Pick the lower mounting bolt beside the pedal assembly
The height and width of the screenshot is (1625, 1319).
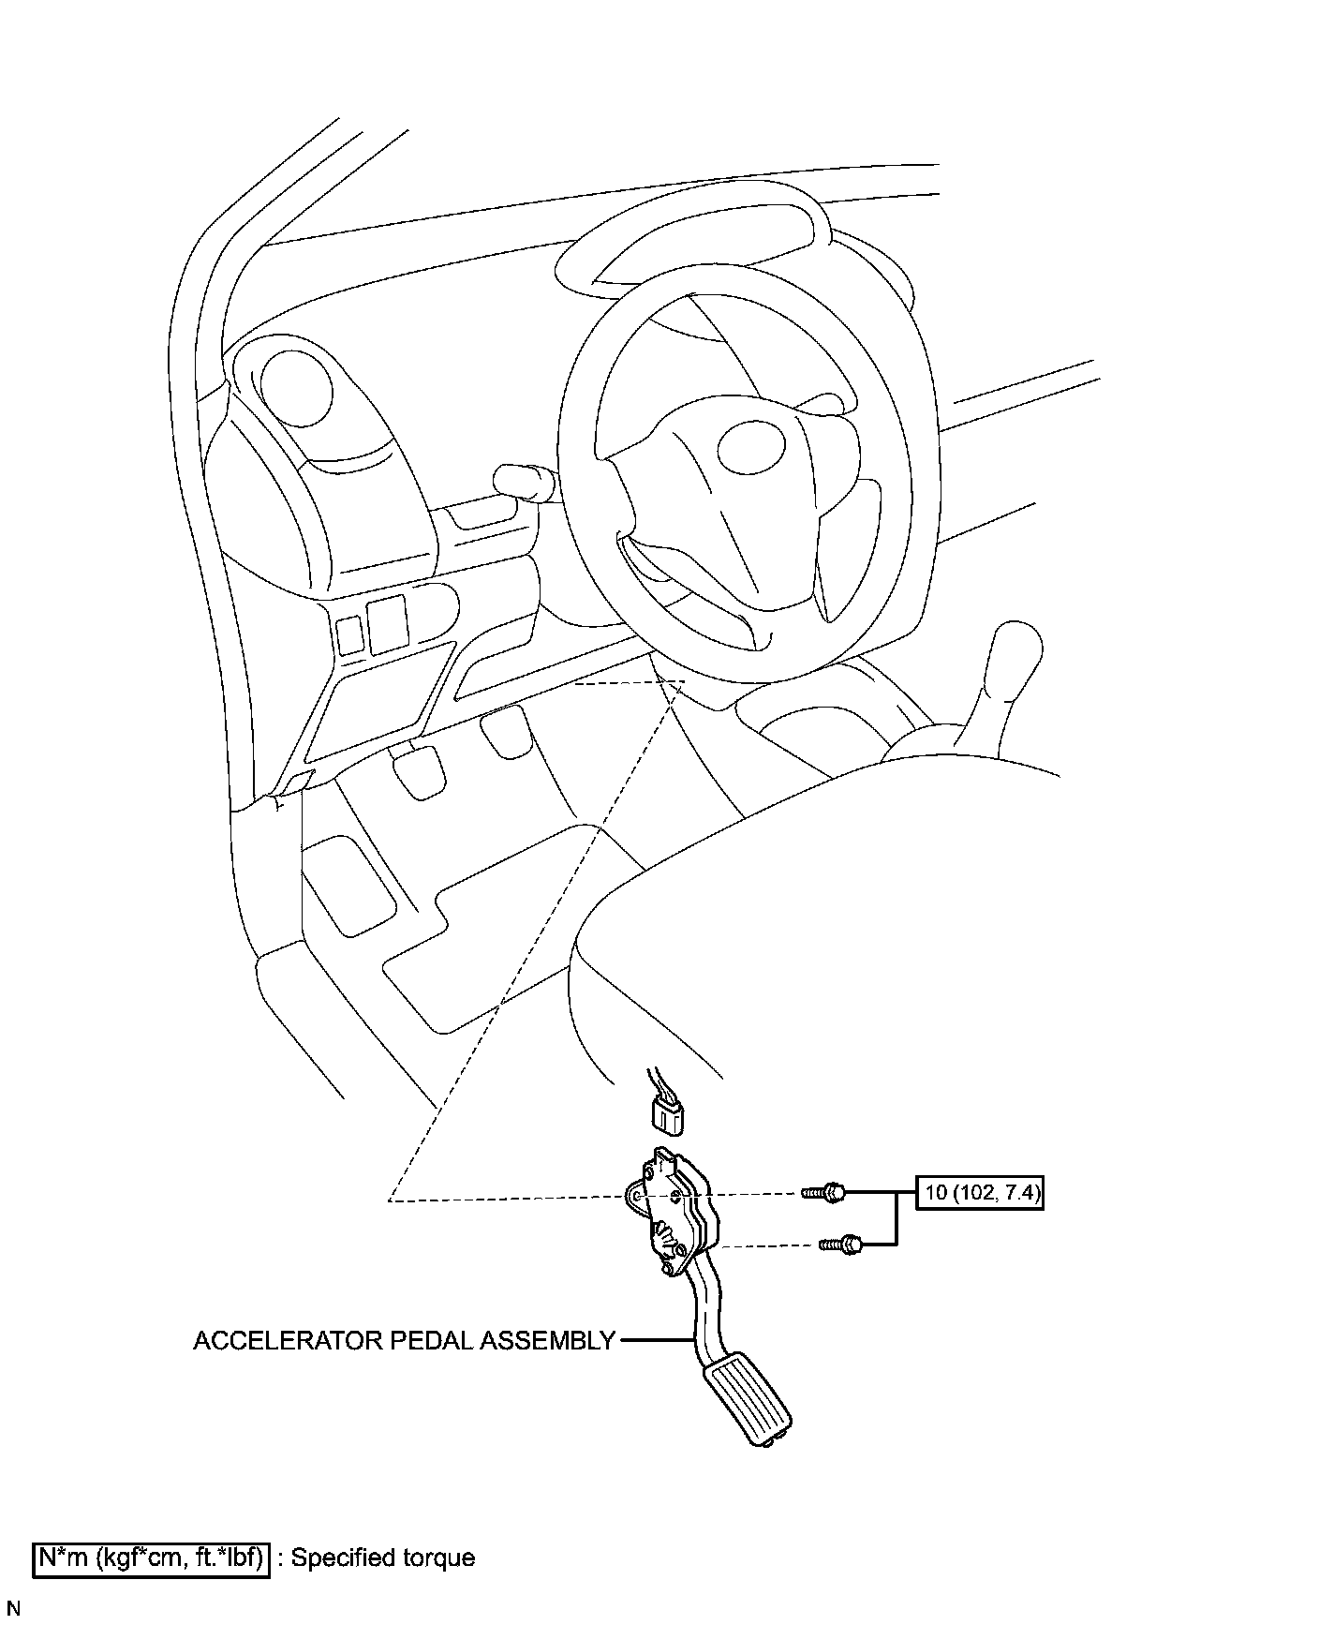(841, 1245)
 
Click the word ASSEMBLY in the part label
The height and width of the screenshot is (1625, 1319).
(547, 1341)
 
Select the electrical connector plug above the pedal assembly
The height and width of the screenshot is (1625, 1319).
(664, 1114)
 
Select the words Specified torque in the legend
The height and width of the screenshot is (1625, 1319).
(383, 1558)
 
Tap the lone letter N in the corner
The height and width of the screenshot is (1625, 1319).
(12, 1610)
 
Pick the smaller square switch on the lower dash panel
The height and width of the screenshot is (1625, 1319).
(349, 634)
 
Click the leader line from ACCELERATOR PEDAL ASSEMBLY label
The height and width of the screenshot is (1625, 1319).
(656, 1341)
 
